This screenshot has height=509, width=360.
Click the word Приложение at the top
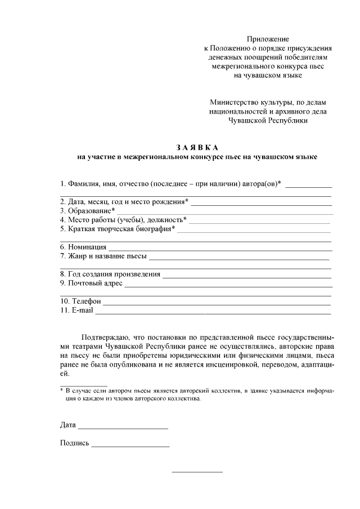point(268,39)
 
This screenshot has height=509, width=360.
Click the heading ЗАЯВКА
point(196,147)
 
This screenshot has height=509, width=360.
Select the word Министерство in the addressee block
point(233,102)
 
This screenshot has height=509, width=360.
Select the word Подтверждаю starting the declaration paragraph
point(105,337)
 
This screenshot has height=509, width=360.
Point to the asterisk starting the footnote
point(62,390)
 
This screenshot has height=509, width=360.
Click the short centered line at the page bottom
point(197,471)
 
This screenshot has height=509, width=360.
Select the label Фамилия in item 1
point(85,183)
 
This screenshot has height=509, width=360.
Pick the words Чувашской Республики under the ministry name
point(268,120)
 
